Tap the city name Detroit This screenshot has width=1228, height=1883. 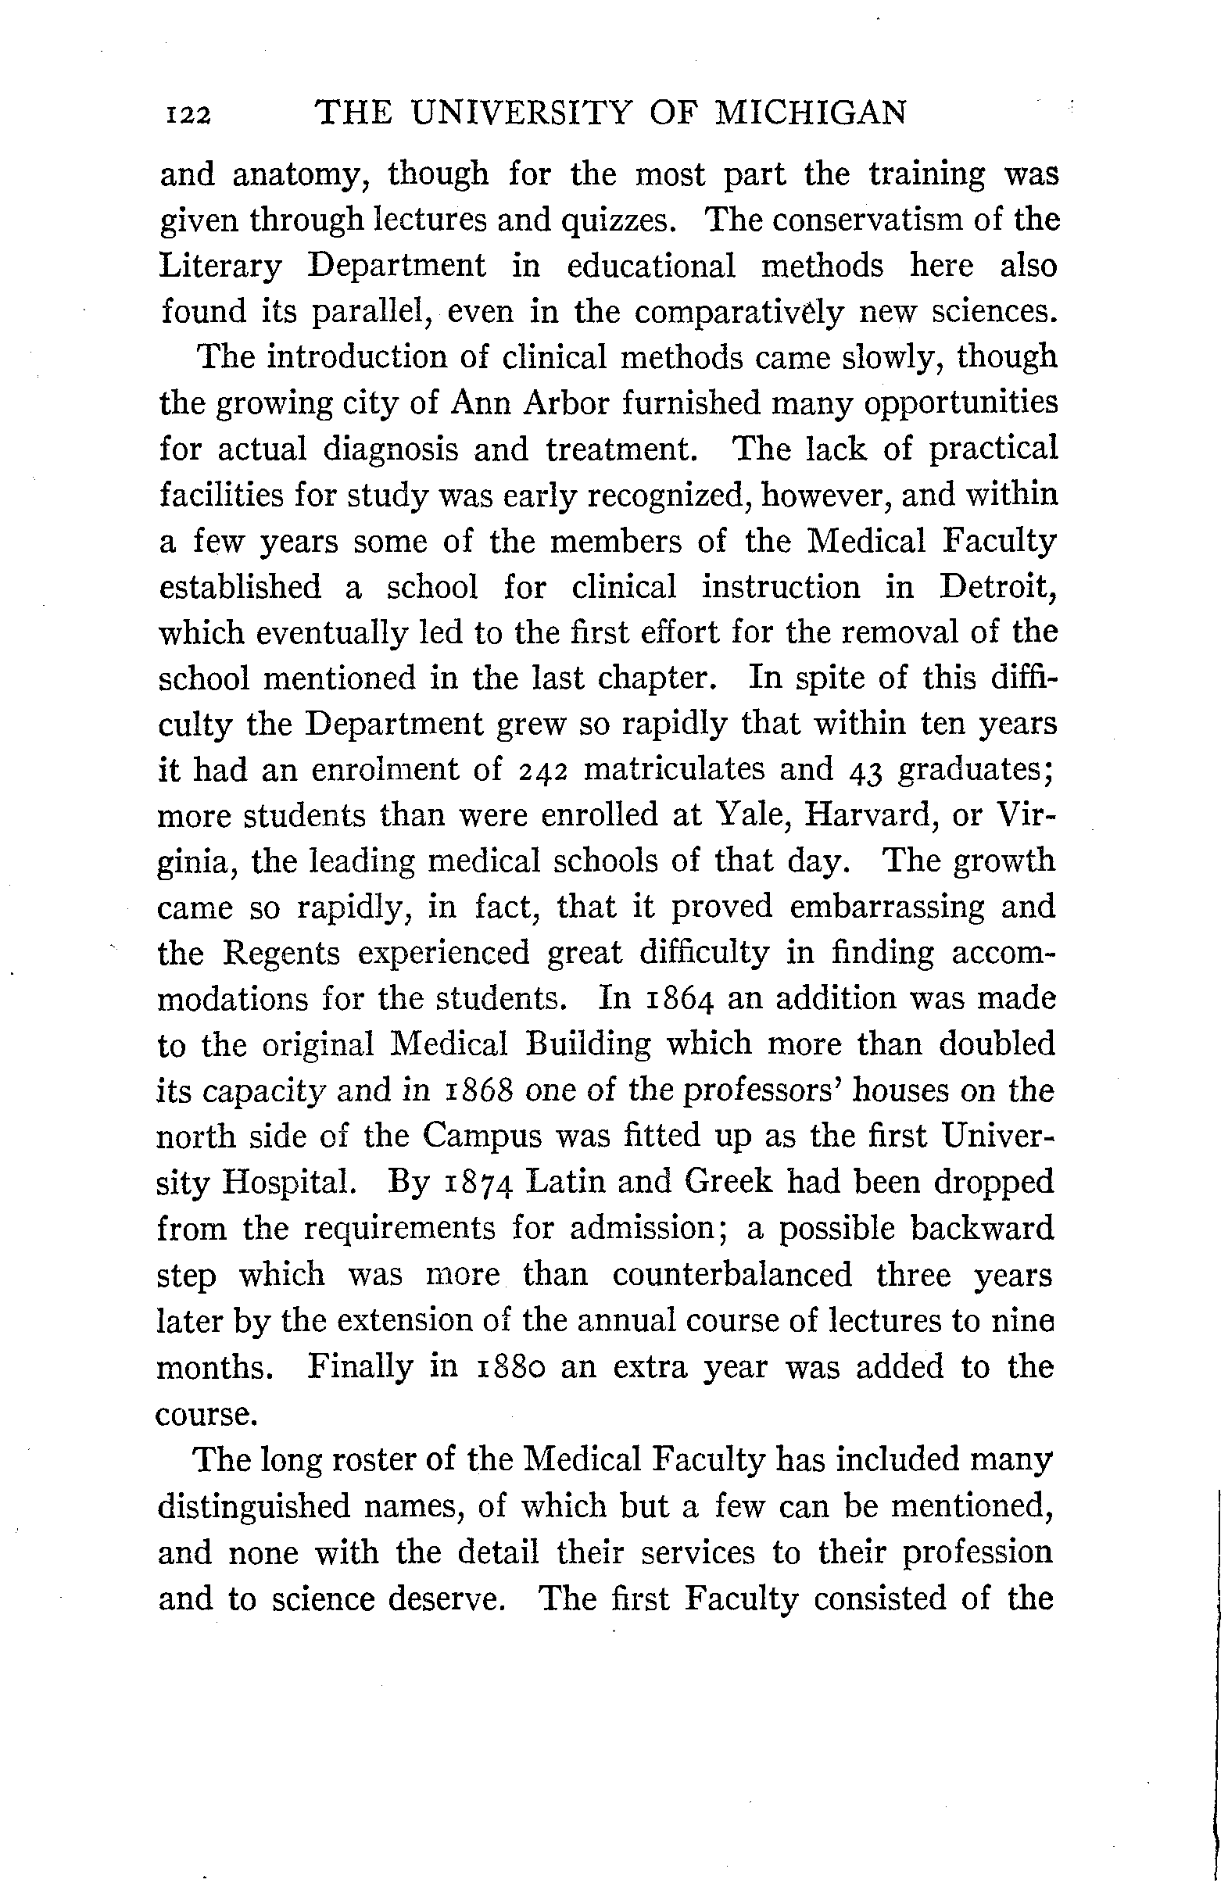click(998, 586)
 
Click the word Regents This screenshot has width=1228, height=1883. click(281, 954)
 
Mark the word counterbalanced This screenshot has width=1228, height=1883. click(732, 1275)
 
